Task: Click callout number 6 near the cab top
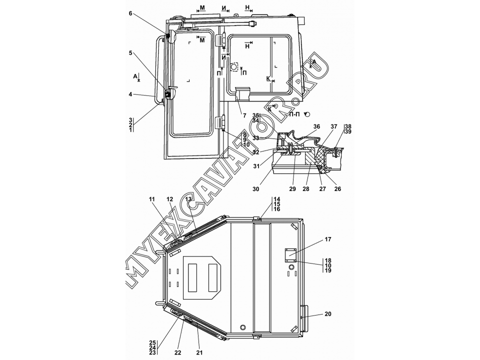tap(130, 13)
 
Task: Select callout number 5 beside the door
tap(130, 53)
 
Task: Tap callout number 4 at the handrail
tap(130, 94)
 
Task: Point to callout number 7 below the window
tap(244, 115)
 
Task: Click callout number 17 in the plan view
tap(328, 239)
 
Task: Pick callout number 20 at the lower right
tap(328, 314)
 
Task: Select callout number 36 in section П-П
tap(316, 126)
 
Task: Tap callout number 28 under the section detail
tap(306, 189)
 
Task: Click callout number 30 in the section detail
tap(255, 189)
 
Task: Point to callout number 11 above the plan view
tap(152, 199)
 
